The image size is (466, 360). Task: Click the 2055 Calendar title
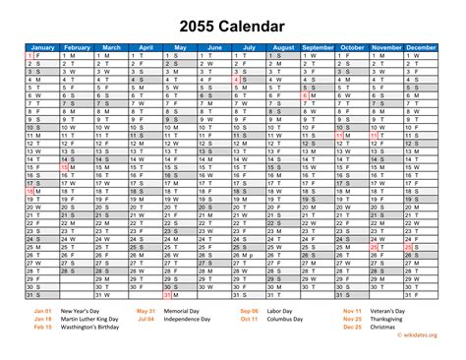pos(233,25)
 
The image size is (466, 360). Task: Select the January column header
pos(42,46)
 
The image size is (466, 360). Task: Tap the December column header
pos(424,46)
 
